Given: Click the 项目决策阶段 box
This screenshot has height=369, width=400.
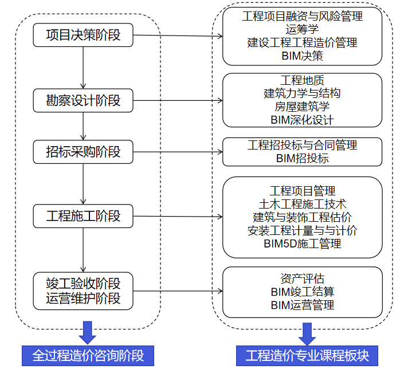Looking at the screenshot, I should tap(84, 35).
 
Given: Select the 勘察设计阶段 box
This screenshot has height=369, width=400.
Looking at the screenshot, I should tap(84, 100).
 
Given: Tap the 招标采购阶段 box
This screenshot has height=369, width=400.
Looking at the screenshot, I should tap(84, 152).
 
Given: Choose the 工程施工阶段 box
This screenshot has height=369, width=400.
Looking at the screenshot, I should tap(84, 216).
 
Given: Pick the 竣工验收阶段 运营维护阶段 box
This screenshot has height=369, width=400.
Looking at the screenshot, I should tap(84, 291).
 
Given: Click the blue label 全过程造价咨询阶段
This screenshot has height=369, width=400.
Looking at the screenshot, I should tap(88, 355).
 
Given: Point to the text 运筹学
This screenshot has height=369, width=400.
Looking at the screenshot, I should tap(302, 29).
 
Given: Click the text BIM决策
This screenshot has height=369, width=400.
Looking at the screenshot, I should tap(302, 56).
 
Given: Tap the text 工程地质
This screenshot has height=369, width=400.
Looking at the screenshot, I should tap(302, 80).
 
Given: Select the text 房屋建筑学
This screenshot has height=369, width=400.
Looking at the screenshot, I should tap(302, 107).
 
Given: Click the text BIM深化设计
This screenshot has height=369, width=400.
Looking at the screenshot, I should tap(302, 120).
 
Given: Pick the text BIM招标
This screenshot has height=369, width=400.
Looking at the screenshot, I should tap(302, 159).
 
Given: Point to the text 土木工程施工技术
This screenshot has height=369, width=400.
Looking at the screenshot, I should tap(302, 204).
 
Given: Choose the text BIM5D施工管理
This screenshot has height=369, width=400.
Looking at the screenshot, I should tap(302, 244).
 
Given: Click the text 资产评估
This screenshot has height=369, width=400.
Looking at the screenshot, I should tap(302, 278).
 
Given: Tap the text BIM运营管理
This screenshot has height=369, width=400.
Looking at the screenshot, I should tap(302, 305).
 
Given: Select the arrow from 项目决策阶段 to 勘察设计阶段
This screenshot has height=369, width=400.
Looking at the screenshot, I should tap(84, 68).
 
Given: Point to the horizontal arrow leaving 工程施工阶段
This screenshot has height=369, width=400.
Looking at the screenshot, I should tap(178, 217).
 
